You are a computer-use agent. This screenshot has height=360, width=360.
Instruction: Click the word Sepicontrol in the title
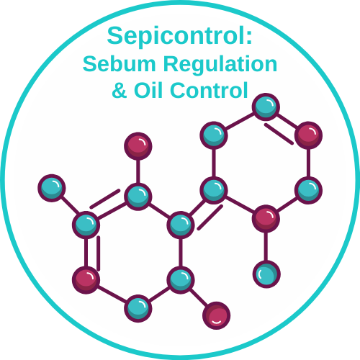click(x=176, y=37)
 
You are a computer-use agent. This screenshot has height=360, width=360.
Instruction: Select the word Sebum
click(x=120, y=63)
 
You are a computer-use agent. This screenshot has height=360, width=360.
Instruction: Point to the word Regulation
click(x=220, y=64)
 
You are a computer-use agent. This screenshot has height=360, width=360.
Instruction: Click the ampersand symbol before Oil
click(x=120, y=90)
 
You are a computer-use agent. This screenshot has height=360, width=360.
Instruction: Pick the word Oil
click(x=149, y=90)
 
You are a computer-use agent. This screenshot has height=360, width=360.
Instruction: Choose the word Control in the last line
click(x=209, y=90)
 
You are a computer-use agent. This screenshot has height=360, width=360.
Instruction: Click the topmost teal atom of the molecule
click(x=266, y=107)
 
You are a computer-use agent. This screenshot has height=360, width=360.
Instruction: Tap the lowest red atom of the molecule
click(x=217, y=315)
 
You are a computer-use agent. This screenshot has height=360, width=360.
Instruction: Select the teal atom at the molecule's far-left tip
click(x=52, y=188)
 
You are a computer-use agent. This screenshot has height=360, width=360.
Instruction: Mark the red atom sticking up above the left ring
click(x=138, y=146)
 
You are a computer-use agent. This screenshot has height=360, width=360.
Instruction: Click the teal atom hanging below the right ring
click(x=266, y=274)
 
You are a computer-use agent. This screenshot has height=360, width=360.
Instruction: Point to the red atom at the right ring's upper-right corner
click(x=308, y=135)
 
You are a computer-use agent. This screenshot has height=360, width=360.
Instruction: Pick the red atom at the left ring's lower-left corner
click(x=86, y=280)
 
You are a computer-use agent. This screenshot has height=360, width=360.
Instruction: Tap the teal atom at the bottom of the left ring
click(x=138, y=308)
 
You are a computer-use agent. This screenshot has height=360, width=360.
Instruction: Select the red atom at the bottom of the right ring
click(x=266, y=218)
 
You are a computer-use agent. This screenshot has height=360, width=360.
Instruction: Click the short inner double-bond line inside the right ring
click(x=279, y=134)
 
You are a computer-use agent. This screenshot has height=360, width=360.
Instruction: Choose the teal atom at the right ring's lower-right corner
click(x=308, y=190)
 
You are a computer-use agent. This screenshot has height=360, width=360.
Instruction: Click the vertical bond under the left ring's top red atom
click(x=138, y=171)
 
